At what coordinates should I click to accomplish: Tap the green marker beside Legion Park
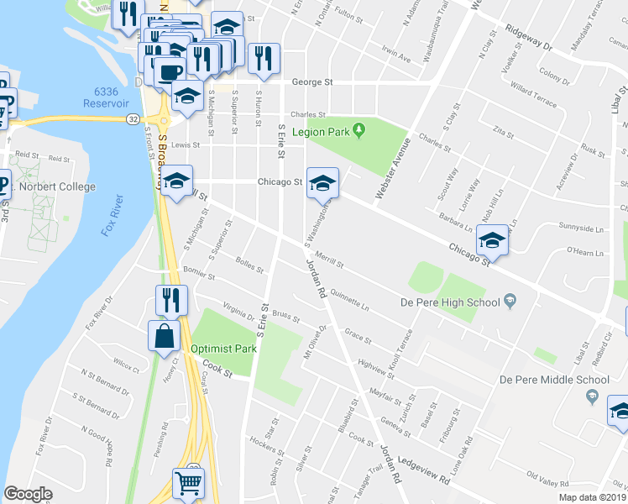pyautogui.click(x=359, y=130)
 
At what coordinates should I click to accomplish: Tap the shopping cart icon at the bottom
pyautogui.click(x=188, y=484)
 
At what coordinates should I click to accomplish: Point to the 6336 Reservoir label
pyautogui.click(x=106, y=97)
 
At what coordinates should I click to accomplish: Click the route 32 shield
pyautogui.click(x=133, y=119)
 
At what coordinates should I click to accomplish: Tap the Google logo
pyautogui.click(x=28, y=494)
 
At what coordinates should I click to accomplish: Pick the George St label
pyautogui.click(x=312, y=82)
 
